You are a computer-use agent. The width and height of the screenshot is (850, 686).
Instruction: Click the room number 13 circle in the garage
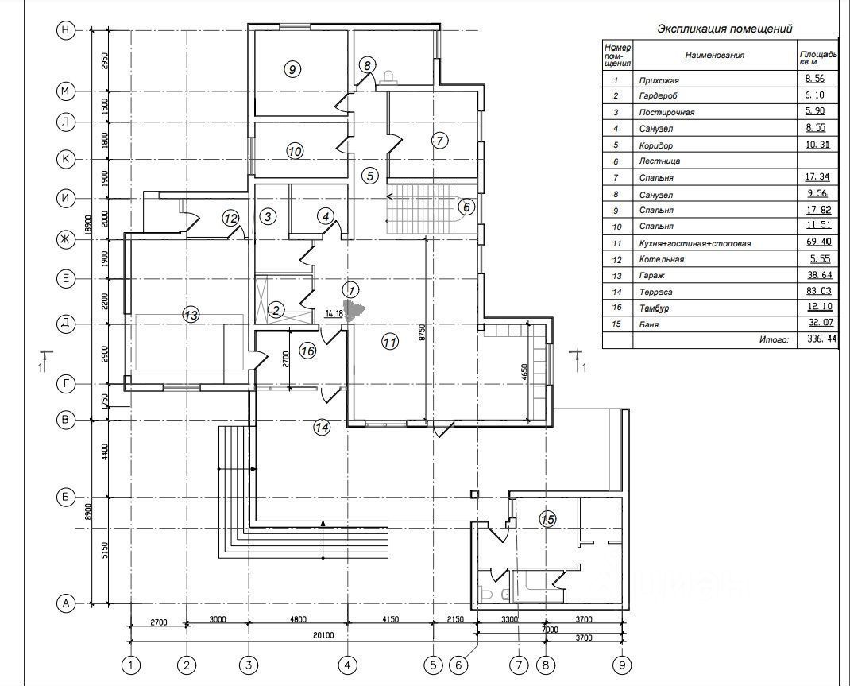click(191, 316)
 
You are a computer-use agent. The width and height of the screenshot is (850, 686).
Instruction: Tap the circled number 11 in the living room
click(389, 342)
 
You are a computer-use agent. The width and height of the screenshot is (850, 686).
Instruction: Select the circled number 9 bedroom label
click(292, 70)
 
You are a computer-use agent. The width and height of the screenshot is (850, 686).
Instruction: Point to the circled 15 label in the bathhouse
click(547, 519)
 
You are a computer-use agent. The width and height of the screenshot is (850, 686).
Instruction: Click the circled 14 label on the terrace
click(321, 428)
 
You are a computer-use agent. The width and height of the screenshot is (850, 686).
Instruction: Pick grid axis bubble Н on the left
click(66, 30)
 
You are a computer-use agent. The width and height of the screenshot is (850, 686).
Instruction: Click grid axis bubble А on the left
click(66, 604)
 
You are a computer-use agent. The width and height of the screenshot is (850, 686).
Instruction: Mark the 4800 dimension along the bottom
click(297, 619)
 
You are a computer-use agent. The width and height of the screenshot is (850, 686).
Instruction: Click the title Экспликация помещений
click(724, 29)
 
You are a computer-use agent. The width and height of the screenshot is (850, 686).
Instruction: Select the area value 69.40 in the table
click(817, 243)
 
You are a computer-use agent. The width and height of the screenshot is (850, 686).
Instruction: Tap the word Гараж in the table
click(651, 276)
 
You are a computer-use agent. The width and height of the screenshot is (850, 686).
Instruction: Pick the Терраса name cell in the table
click(656, 292)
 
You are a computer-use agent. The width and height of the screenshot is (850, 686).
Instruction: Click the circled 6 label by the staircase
click(466, 207)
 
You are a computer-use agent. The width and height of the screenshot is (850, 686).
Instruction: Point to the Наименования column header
click(715, 56)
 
